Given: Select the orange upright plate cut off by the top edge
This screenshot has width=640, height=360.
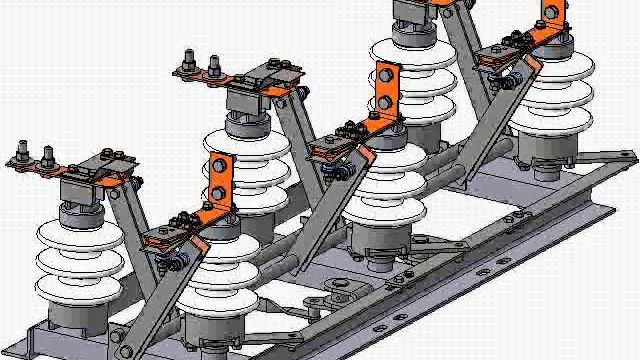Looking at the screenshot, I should pyautogui.click(x=548, y=12).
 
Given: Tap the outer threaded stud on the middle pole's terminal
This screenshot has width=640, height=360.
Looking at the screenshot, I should pyautogui.click(x=188, y=66).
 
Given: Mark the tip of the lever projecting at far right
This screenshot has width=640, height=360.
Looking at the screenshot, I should pyautogui.click(x=631, y=156).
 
